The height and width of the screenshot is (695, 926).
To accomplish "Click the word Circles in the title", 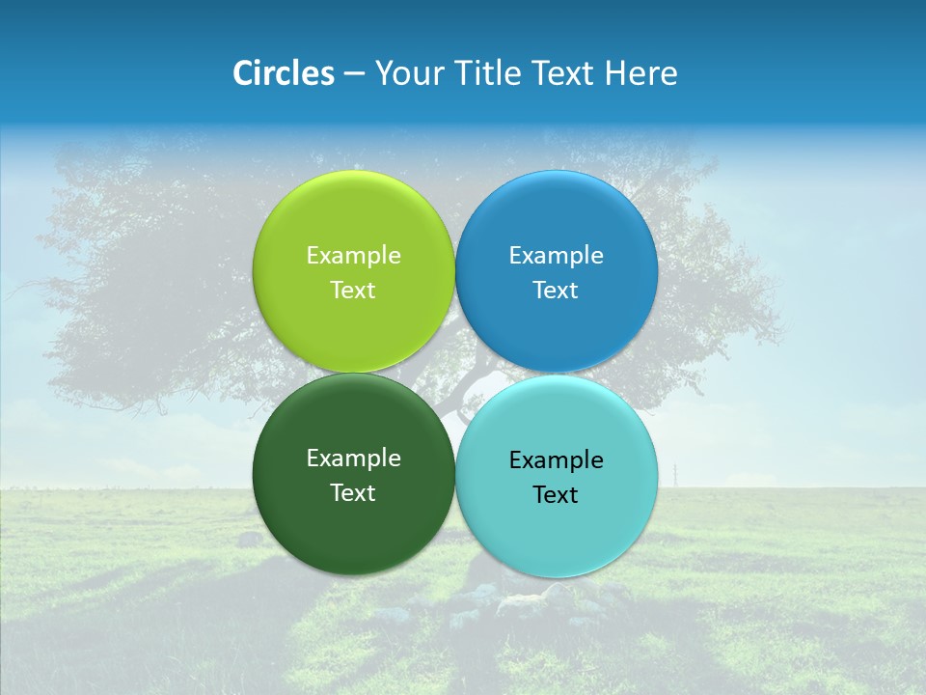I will (x=284, y=73).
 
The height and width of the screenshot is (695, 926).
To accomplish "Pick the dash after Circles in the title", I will (x=354, y=74).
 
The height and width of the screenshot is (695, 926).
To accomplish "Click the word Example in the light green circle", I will (x=353, y=256).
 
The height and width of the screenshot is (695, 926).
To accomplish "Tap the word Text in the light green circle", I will (x=353, y=291).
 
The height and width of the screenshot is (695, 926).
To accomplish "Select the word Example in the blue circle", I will (x=556, y=256).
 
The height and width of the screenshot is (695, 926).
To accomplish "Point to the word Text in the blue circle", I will (x=556, y=291).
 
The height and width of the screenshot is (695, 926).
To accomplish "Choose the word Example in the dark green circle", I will (x=353, y=459).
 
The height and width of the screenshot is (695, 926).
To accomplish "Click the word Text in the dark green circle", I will (x=353, y=493).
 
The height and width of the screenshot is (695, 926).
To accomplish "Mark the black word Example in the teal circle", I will (x=556, y=460).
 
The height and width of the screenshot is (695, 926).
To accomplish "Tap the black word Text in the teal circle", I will (x=556, y=495).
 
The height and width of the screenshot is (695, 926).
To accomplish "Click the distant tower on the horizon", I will (x=676, y=474).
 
